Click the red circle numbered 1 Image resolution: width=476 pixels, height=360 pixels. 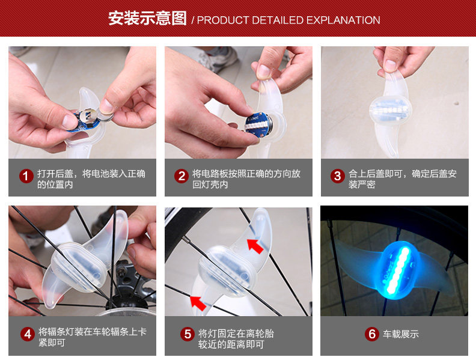click(26, 176)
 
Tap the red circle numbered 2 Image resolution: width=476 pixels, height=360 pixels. click(182, 176)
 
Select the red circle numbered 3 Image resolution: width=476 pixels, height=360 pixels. click(337, 176)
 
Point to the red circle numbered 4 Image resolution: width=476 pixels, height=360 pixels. click(28, 334)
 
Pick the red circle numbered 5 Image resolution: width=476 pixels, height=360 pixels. click(188, 334)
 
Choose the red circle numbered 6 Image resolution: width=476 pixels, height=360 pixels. click(372, 334)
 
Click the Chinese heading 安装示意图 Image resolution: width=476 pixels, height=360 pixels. click(147, 19)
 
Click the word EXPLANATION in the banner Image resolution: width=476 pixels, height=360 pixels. click(343, 20)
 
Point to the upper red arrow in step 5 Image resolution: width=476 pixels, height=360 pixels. click(255, 246)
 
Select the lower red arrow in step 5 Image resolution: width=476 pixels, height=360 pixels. click(198, 303)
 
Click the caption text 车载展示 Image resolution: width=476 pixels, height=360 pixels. click(401, 334)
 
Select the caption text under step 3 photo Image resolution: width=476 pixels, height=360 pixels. click(403, 178)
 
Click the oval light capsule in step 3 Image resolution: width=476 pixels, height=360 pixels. click(391, 110)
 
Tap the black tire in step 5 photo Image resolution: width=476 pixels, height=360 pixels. click(182, 225)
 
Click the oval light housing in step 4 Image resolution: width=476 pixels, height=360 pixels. click(79, 266)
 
